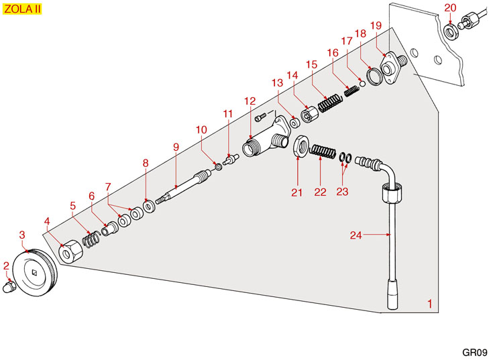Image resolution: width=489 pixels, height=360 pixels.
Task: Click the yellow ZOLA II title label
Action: pos(22,9)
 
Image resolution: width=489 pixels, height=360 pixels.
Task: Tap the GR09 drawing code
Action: pos(474,352)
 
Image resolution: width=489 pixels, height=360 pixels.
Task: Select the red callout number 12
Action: pos(250,101)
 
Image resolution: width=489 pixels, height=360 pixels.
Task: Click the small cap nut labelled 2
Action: pos(9,286)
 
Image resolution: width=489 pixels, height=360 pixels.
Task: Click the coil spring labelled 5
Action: pos(91,240)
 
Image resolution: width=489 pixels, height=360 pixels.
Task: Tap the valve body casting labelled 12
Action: pos(267,136)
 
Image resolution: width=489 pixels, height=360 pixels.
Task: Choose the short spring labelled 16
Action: pos(351,90)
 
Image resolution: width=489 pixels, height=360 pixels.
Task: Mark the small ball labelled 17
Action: pos(362,83)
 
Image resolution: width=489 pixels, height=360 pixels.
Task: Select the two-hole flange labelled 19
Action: pos(392,67)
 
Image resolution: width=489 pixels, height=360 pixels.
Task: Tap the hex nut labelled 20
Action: pos(451,31)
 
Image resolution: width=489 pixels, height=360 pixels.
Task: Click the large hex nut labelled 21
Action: pos(302,147)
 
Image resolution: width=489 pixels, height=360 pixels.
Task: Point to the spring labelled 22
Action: pos(323,152)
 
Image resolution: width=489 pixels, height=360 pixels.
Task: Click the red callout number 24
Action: pos(356,235)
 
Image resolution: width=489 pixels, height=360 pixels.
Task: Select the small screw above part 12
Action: pos(260,117)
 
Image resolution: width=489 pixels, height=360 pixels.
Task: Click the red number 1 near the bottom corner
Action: pos(430,304)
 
